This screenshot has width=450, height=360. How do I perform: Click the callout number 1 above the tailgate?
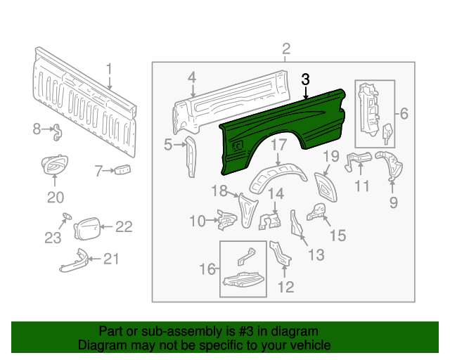coord(110,68)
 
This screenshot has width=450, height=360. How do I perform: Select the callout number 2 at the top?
coord(286,49)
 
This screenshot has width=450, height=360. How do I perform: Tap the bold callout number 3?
coord(305,79)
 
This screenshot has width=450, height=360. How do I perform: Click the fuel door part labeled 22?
coord(86,228)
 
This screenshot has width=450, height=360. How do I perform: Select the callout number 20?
coord(55,197)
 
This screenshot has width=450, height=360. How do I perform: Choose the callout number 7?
coord(99,169)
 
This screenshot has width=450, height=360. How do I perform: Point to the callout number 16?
coord(207,269)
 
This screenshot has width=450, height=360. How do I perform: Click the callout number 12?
coord(285,286)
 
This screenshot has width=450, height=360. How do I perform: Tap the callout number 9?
coord(393,203)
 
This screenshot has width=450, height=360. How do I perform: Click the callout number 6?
coord(404,113)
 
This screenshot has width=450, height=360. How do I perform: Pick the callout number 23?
coord(53,238)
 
